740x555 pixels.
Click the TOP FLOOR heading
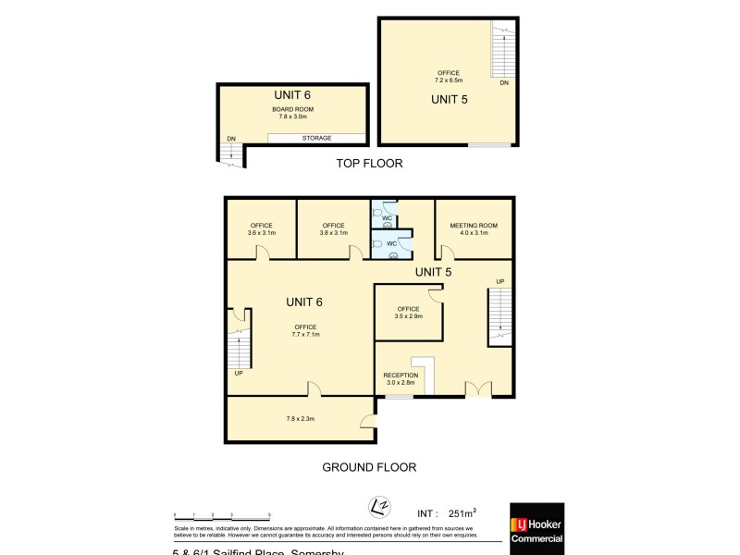[x=369, y=163]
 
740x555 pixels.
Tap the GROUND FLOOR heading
[x=369, y=467]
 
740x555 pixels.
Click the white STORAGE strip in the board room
[x=315, y=138]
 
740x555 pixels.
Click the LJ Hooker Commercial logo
[x=536, y=528]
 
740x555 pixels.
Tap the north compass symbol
[x=376, y=508]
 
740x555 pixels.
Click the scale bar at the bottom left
[x=222, y=514]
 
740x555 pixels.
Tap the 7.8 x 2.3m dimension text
[x=300, y=419]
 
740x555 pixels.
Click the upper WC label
[x=388, y=218]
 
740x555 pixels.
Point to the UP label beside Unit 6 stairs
[x=239, y=373]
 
